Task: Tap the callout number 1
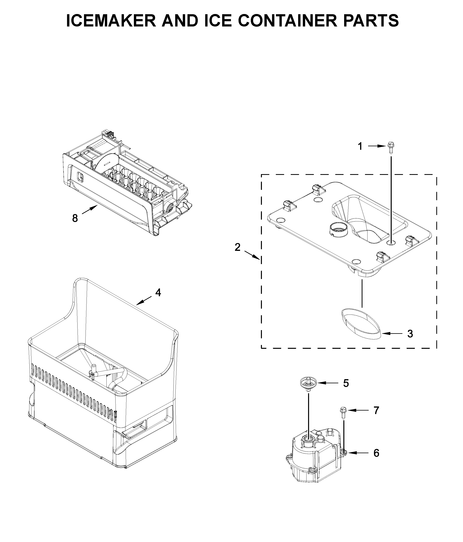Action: click(x=360, y=146)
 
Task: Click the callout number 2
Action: click(x=237, y=247)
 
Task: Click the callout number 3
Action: click(x=410, y=334)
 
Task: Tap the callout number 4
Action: click(x=158, y=293)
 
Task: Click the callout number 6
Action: click(x=376, y=453)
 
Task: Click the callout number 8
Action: click(x=75, y=218)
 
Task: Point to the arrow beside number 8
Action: click(x=90, y=210)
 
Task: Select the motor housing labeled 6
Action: click(x=314, y=459)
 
